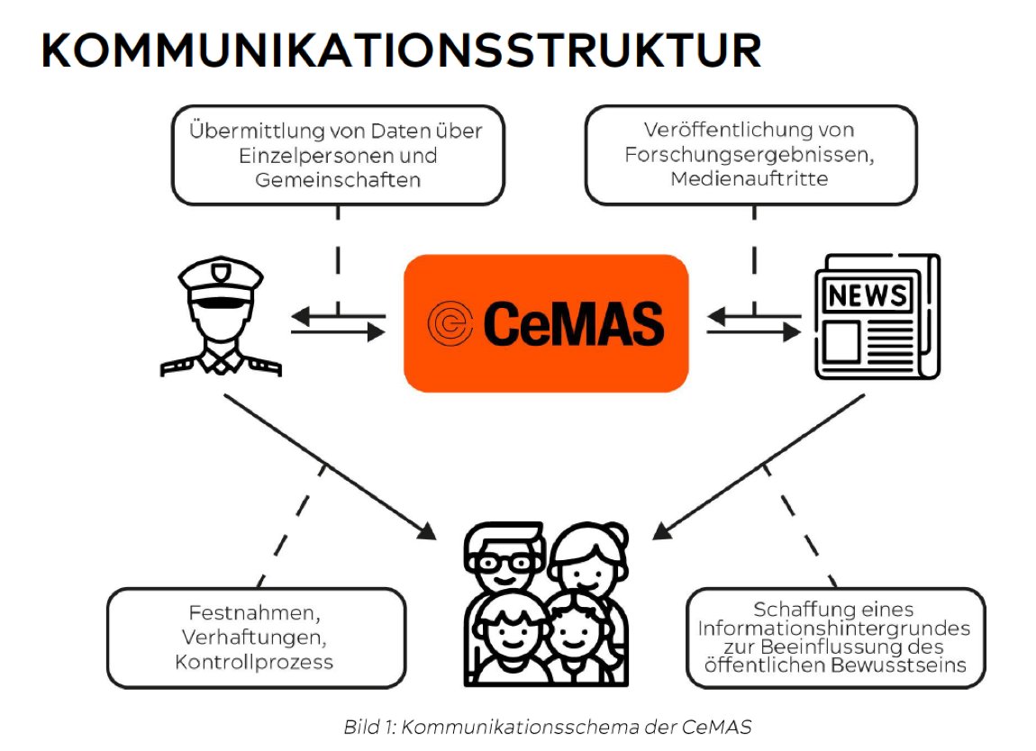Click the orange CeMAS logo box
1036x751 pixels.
pos(545,323)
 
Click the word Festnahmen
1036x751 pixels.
pos(255,615)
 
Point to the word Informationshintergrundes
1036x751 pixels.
pos(833,628)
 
